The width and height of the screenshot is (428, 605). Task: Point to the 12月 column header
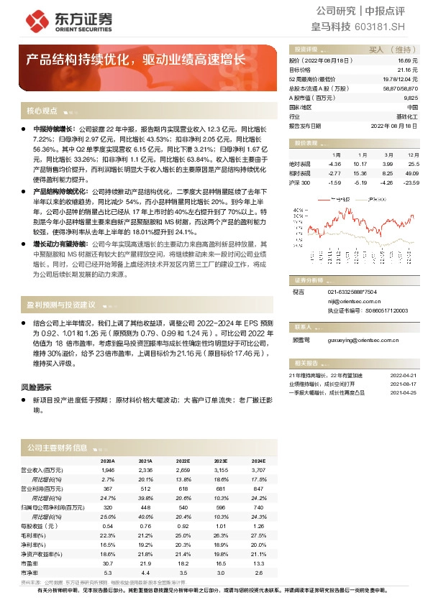pyautogui.click(x=413, y=154)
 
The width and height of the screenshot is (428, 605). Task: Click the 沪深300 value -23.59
pyautogui.click(x=411, y=183)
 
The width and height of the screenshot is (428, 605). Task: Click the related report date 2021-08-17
pyautogui.click(x=404, y=384)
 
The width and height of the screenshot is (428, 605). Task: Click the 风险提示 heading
pyautogui.click(x=35, y=387)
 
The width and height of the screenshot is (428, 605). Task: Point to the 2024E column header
pyautogui.click(x=258, y=461)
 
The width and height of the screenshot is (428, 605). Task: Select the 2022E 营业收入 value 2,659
pyautogui.click(x=183, y=469)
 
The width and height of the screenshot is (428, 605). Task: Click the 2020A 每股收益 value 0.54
pyautogui.click(x=109, y=526)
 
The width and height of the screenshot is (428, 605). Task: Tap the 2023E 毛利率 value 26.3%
pyautogui.click(x=220, y=535)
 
